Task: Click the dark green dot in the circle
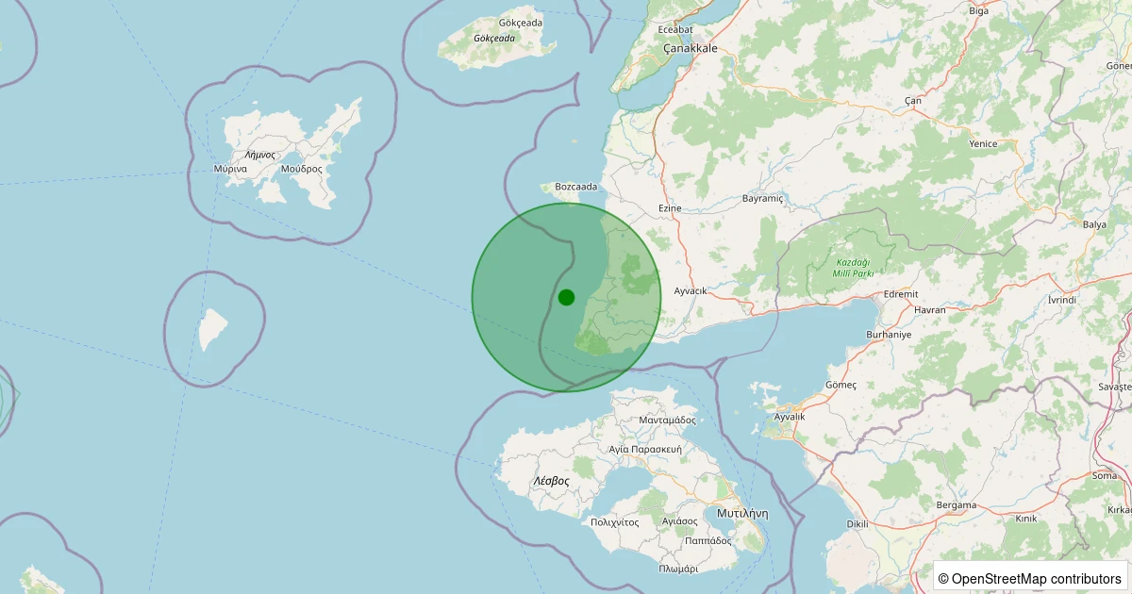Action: click(566, 297)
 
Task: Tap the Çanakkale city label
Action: click(691, 48)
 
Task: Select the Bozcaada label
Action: click(576, 187)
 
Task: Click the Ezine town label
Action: click(669, 206)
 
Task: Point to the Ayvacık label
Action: click(691, 290)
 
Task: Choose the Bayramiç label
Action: click(763, 199)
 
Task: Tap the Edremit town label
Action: click(900, 294)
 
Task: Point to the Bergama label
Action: click(956, 505)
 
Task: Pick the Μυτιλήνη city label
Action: click(742, 514)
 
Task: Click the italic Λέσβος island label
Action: click(551, 481)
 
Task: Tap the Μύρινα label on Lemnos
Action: click(230, 169)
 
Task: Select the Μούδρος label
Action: click(301, 169)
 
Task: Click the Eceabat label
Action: click(676, 30)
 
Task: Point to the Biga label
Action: click(978, 11)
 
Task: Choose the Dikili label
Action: click(857, 524)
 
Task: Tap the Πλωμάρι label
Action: click(678, 569)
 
